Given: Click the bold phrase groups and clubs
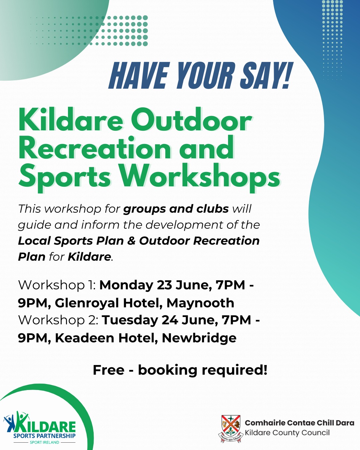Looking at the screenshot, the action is click(x=176, y=209).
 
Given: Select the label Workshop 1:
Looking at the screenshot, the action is click(x=57, y=285).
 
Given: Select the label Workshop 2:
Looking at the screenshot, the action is click(x=58, y=320).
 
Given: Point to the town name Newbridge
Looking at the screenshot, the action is click(x=199, y=338).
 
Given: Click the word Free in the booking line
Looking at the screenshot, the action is click(x=109, y=370).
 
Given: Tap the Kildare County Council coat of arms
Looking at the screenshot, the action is click(x=231, y=429).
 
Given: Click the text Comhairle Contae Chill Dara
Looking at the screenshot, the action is click(x=300, y=423).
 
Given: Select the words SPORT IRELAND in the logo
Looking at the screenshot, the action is click(x=45, y=442).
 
